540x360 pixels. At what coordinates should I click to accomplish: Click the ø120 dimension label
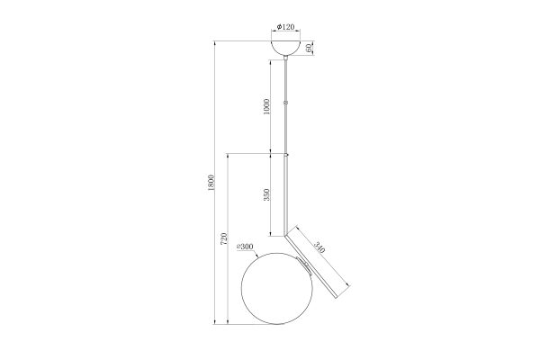[x=285, y=26]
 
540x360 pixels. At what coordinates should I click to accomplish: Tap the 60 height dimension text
[x=309, y=49]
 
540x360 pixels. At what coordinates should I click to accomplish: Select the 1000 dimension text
[x=266, y=106]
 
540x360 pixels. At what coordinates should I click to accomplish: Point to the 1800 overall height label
[x=211, y=183]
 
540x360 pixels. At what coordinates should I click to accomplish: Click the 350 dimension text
[x=266, y=195]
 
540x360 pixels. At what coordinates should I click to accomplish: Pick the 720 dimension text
[x=224, y=238]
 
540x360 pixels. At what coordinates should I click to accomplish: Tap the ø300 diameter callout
[x=245, y=247]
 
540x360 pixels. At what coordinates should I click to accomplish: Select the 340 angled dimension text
[x=319, y=247]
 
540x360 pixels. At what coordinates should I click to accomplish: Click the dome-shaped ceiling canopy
[x=285, y=48]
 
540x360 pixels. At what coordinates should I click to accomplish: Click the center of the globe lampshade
[x=277, y=289]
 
